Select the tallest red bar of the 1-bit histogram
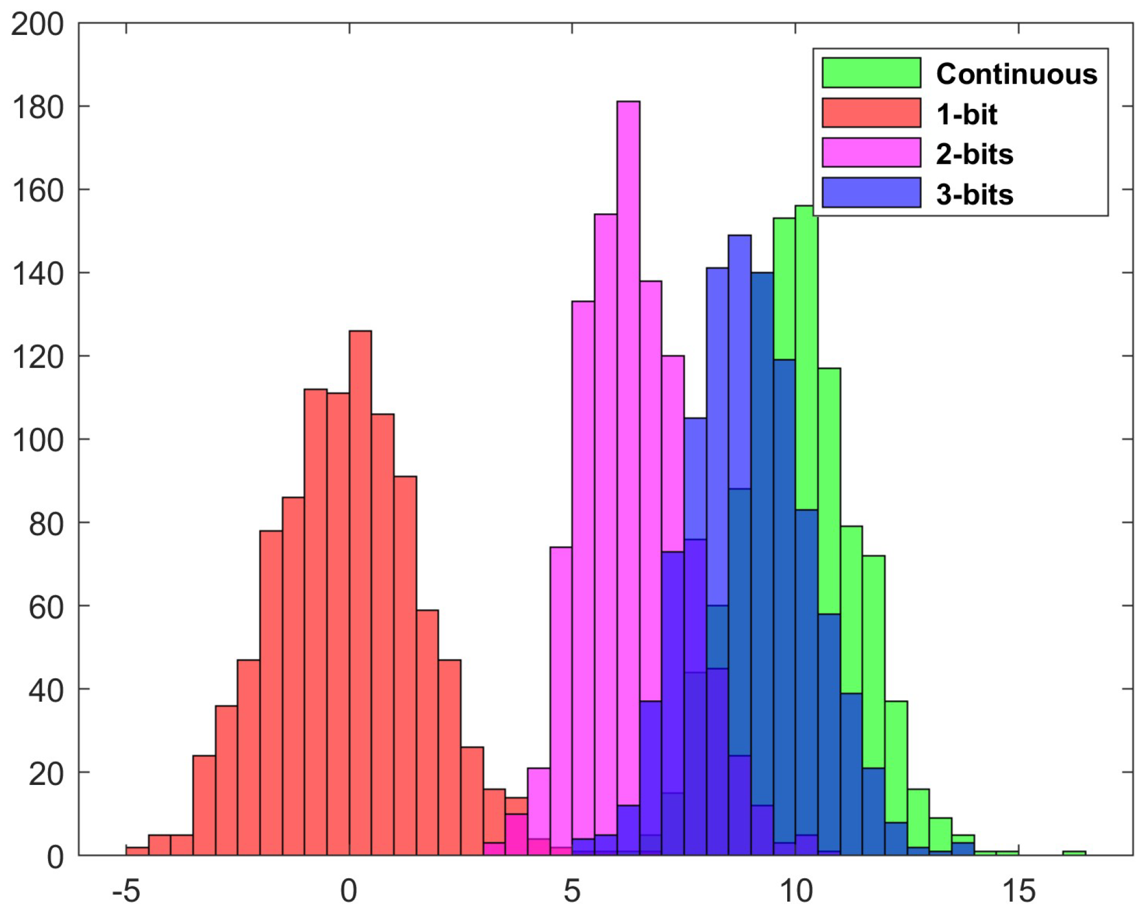coord(360,573)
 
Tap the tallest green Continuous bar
coord(806,355)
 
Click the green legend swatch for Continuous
coord(871,73)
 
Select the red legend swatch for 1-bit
coord(871,112)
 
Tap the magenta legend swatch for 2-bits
coord(871,152)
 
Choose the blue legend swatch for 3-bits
coord(871,193)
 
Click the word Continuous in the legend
coord(1016,74)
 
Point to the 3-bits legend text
coord(975,194)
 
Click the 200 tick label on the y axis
coord(37,25)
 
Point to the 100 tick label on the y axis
coord(37,441)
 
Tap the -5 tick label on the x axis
coord(126,892)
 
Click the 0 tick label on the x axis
coord(349,892)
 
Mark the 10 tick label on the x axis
coord(796,892)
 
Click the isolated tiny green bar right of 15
coord(1074,853)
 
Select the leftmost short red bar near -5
coord(137,851)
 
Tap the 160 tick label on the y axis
coord(37,191)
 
